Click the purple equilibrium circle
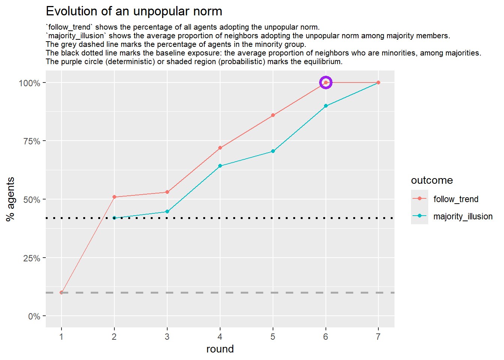pyautogui.click(x=325, y=82)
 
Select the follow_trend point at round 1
pyautogui.click(x=61, y=292)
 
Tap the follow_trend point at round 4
pyautogui.click(x=220, y=148)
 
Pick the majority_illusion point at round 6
pyautogui.click(x=325, y=106)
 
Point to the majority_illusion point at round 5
pyautogui.click(x=273, y=151)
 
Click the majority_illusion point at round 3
pyautogui.click(x=167, y=211)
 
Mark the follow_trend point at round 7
pyautogui.click(x=378, y=82)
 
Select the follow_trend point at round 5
pyautogui.click(x=273, y=115)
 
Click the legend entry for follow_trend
pyautogui.click(x=456, y=199)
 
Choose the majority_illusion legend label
pyautogui.click(x=463, y=216)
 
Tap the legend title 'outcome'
pyautogui.click(x=432, y=180)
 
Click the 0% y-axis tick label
pyautogui.click(x=34, y=316)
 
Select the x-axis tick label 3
pyautogui.click(x=167, y=337)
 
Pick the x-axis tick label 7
pyautogui.click(x=378, y=337)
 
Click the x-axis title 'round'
pyautogui.click(x=220, y=349)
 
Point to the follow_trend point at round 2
pyautogui.click(x=114, y=197)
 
